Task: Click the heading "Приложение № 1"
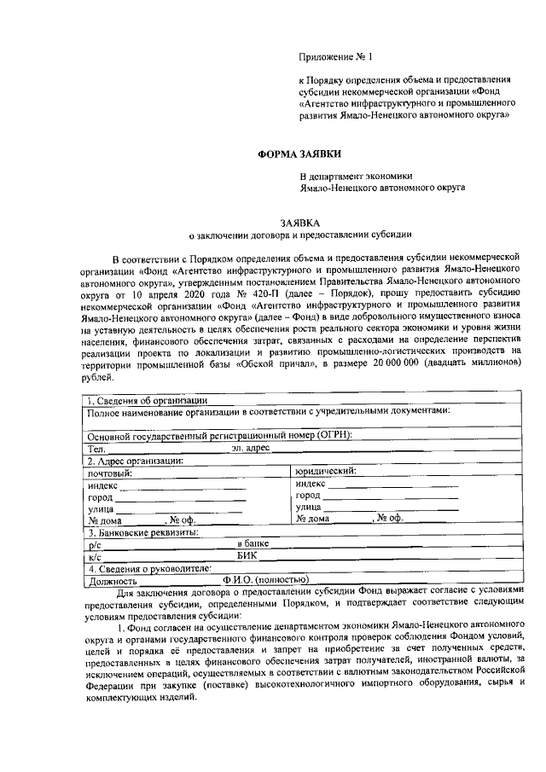click(x=337, y=57)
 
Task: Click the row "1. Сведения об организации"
click(x=145, y=399)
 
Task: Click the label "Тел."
click(x=96, y=448)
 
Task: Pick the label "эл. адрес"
click(x=251, y=448)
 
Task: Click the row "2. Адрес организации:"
click(x=136, y=460)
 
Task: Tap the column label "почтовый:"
click(x=110, y=472)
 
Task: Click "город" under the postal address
click(x=100, y=496)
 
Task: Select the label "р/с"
click(x=94, y=544)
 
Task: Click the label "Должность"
click(x=112, y=581)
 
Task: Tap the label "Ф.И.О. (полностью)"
click(x=260, y=581)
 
